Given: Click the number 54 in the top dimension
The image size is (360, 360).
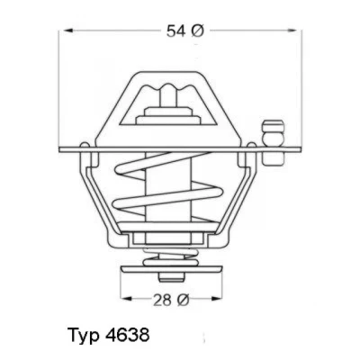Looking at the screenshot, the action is click(x=176, y=31).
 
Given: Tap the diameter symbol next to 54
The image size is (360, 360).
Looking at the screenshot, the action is click(x=197, y=31).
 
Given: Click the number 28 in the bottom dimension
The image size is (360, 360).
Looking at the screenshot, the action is click(x=163, y=300).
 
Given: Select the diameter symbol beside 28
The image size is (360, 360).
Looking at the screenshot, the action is click(x=183, y=300).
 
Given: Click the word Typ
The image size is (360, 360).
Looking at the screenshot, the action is click(x=84, y=336).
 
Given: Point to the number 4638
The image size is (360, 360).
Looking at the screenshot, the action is click(x=128, y=335).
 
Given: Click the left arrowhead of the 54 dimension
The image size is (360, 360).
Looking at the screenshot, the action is click(x=69, y=31).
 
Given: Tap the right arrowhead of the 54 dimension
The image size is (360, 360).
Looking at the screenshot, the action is click(x=292, y=31).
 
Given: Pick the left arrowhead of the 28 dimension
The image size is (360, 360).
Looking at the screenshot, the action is click(x=127, y=299).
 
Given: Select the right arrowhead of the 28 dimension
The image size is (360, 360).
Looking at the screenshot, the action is click(x=217, y=299).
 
